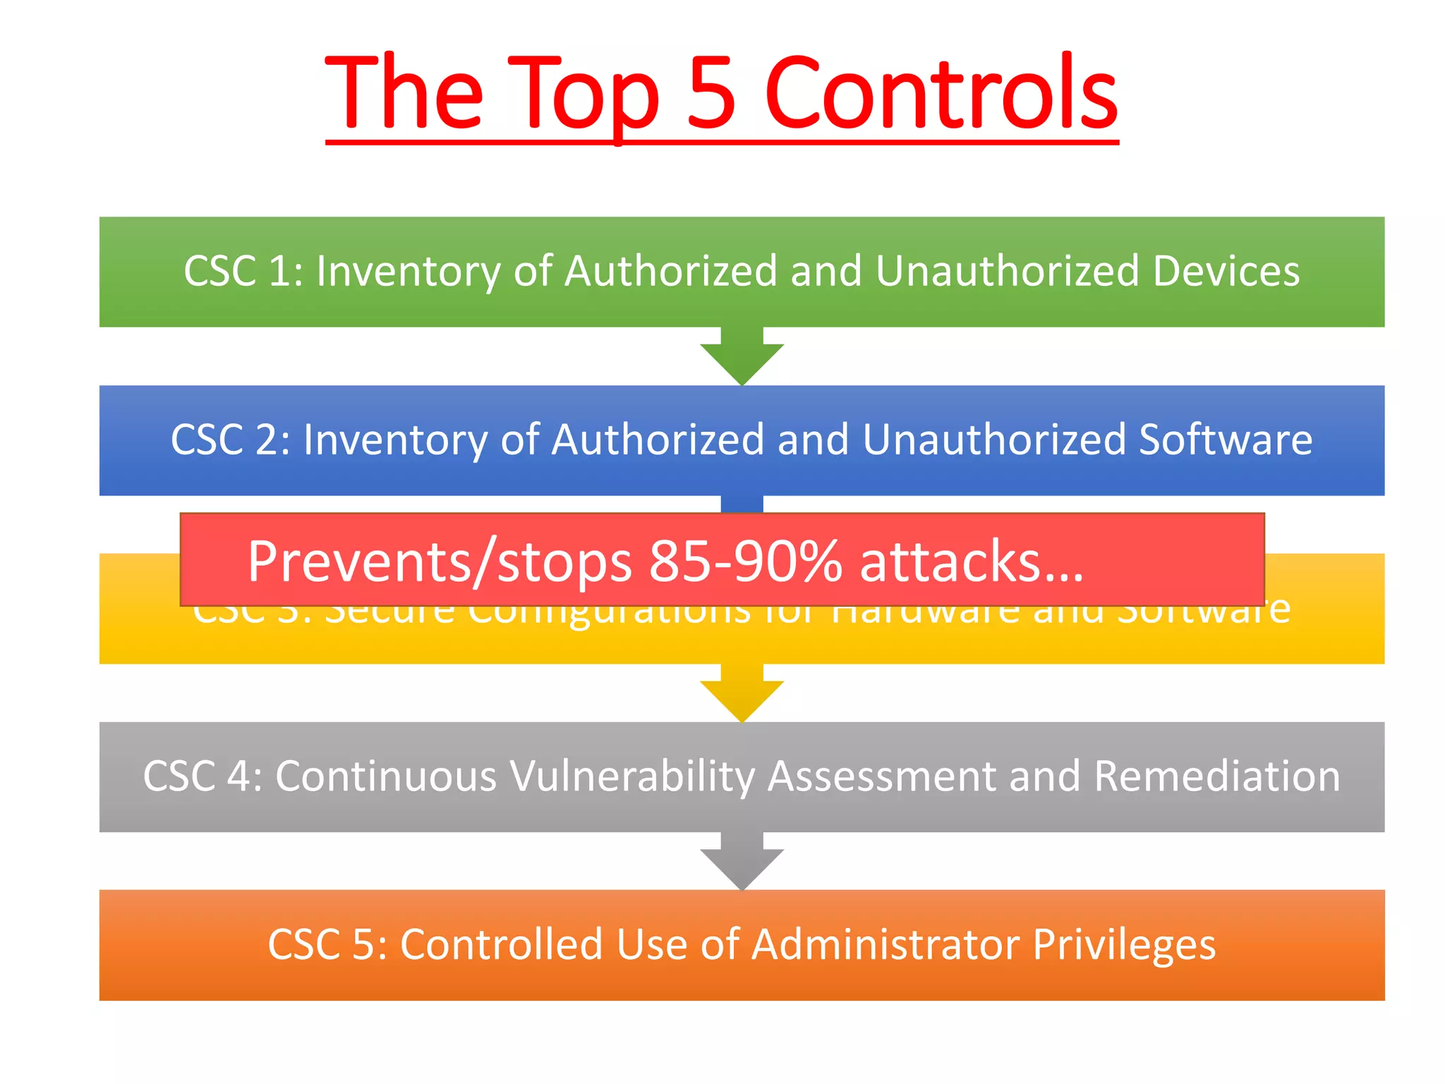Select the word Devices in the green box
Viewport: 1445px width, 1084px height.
(1226, 271)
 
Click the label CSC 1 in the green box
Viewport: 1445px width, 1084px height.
(238, 271)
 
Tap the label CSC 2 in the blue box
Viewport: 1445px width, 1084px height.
(225, 440)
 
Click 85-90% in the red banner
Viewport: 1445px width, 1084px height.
(745, 562)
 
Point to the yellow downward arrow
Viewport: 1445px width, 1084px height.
(742, 695)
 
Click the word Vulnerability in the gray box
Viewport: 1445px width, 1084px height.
(631, 776)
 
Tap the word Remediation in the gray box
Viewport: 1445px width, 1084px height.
(1216, 776)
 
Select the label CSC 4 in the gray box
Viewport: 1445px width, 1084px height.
(197, 776)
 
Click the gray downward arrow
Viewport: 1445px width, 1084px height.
(742, 863)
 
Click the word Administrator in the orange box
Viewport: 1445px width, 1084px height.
(885, 944)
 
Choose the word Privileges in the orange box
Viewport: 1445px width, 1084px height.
(1124, 944)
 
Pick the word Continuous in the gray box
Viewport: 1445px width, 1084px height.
(386, 776)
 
